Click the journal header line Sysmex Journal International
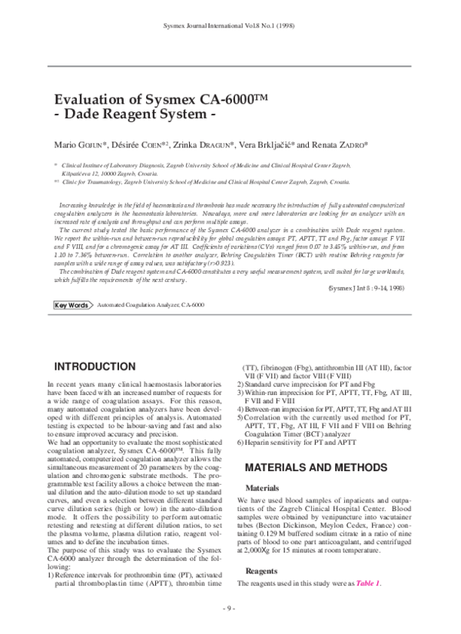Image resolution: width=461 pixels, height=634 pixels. (x=230, y=25)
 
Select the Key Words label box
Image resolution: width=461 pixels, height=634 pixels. (x=71, y=305)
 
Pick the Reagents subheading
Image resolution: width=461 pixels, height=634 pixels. (x=261, y=571)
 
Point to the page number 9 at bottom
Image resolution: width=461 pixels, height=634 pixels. (x=230, y=608)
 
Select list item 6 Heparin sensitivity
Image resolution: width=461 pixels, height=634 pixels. (x=305, y=443)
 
